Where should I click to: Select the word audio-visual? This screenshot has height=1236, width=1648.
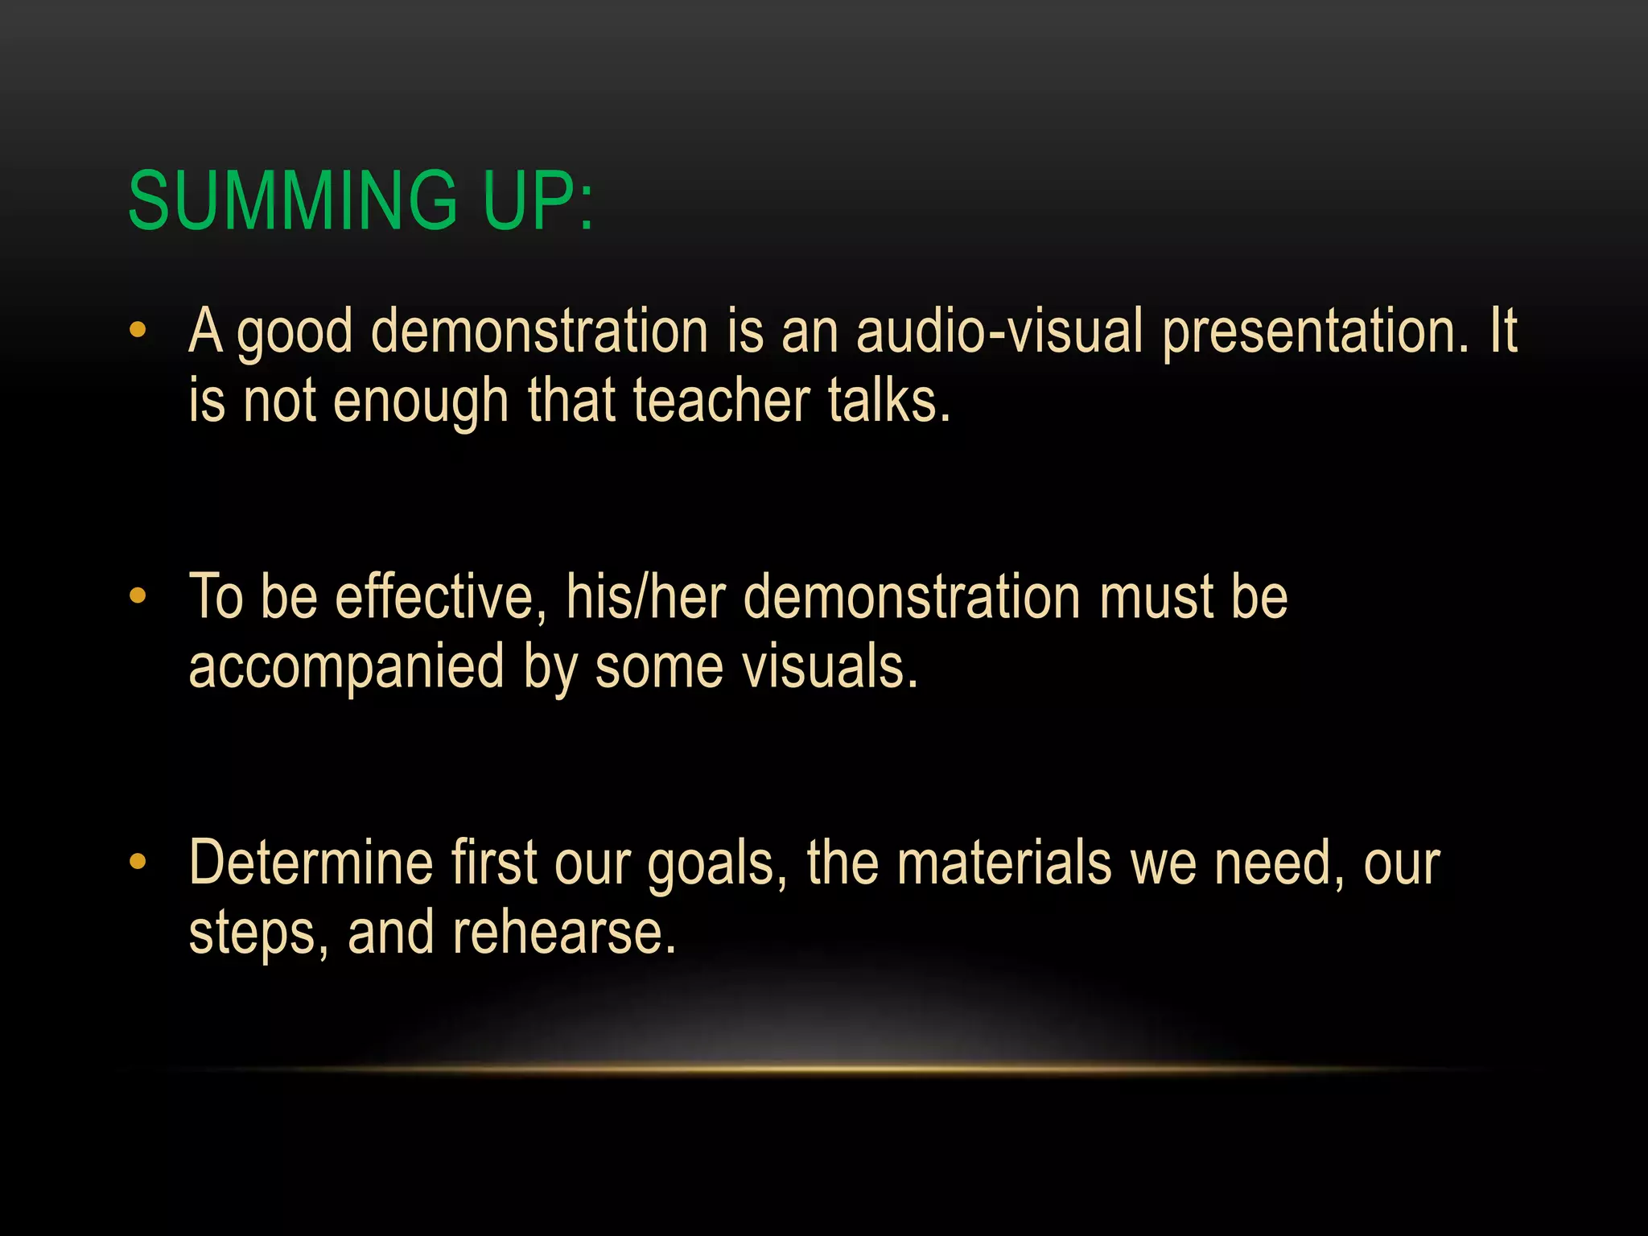tap(999, 332)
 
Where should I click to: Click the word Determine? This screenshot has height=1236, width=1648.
tap(311, 863)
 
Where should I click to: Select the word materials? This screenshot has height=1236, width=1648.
tap(1003, 863)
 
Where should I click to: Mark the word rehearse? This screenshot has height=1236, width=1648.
tap(564, 933)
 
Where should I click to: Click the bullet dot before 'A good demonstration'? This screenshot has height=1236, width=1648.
tap(138, 330)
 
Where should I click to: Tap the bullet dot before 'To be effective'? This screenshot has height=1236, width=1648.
tap(138, 596)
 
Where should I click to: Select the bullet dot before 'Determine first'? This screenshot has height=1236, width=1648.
tap(138, 863)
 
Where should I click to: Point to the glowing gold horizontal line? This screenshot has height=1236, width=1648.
tap(824, 1069)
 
